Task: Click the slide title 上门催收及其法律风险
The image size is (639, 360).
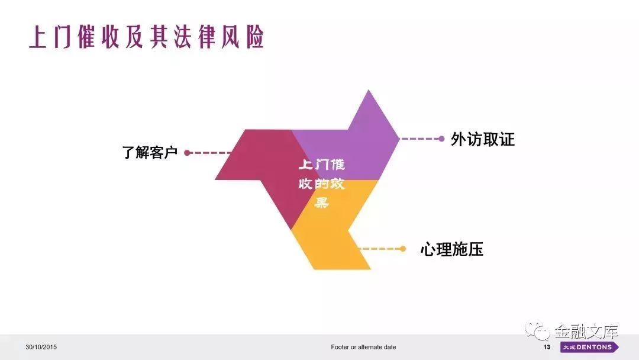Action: pyautogui.click(x=147, y=37)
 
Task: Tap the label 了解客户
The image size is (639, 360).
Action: pyautogui.click(x=150, y=153)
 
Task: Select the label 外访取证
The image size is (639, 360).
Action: pyautogui.click(x=483, y=139)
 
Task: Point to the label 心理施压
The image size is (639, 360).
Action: pyautogui.click(x=451, y=249)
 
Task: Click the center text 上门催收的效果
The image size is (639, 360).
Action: pyautogui.click(x=321, y=183)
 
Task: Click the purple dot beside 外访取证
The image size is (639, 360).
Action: pyautogui.click(x=441, y=139)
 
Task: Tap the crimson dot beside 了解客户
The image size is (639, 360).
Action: pyautogui.click(x=187, y=153)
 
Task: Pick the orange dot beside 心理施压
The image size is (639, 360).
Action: pyautogui.click(x=403, y=249)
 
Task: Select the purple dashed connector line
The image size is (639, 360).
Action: pyautogui.click(x=419, y=139)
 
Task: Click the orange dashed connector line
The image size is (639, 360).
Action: pyautogui.click(x=379, y=249)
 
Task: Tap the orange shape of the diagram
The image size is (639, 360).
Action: pyautogui.click(x=330, y=236)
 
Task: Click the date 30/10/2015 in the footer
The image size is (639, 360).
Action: pyautogui.click(x=41, y=347)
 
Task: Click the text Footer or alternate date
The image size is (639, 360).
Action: pyautogui.click(x=363, y=347)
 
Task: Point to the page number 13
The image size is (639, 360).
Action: pyautogui.click(x=547, y=347)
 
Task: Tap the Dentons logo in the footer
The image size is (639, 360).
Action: pyautogui.click(x=590, y=347)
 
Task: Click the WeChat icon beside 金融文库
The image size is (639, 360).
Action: pyautogui.click(x=537, y=330)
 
